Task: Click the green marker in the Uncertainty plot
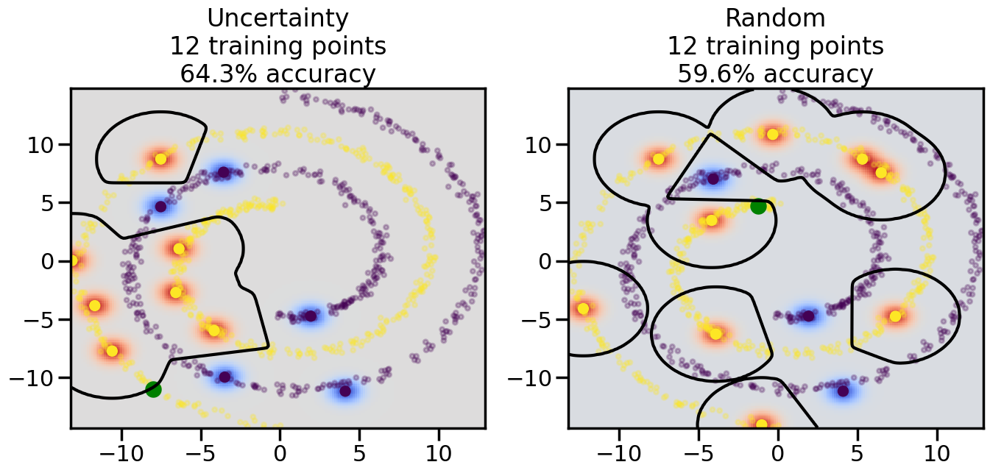(153, 389)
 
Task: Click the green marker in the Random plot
(758, 206)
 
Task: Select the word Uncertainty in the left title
(278, 18)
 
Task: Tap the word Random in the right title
(775, 18)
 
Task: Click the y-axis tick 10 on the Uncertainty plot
(45, 144)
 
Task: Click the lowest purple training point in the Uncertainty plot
(344, 391)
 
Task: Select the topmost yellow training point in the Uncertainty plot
(160, 159)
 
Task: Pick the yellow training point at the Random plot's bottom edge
(761, 424)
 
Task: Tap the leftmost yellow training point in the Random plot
(583, 309)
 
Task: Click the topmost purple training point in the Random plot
(713, 178)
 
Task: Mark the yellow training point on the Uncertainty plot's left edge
(73, 260)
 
